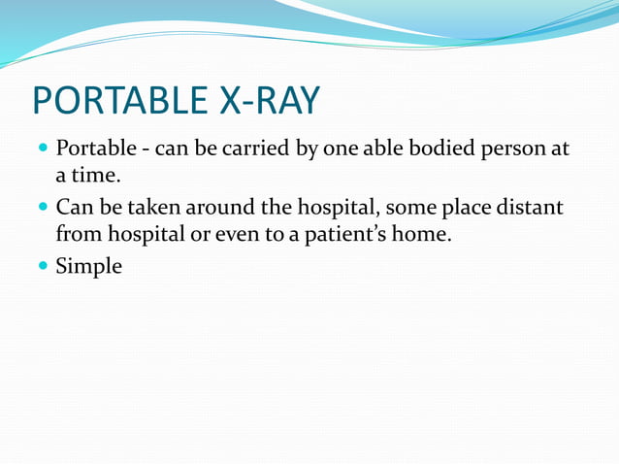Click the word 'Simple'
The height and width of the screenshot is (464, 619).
point(88,266)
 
